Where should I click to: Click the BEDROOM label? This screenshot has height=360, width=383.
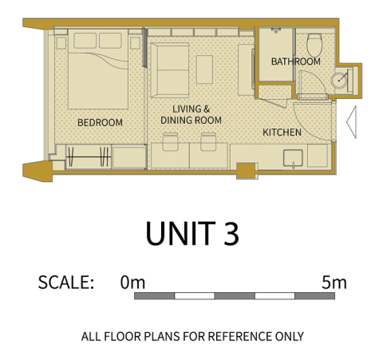[100, 123]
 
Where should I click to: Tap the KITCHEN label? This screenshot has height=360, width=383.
[282, 133]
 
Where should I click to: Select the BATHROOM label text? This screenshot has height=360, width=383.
[296, 61]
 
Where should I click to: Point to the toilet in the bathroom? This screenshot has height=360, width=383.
[314, 45]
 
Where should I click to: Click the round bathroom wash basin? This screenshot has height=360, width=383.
[339, 80]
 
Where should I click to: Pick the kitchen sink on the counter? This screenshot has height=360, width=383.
[293, 158]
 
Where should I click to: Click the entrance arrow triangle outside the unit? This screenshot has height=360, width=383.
[351, 122]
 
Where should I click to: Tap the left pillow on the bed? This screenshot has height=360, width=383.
[85, 41]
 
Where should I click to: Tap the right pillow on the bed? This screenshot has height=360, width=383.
[110, 41]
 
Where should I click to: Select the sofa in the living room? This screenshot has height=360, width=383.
[170, 70]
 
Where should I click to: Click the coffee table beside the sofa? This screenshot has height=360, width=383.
[204, 69]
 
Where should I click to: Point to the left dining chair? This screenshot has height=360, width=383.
[171, 142]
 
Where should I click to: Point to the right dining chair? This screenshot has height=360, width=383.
[208, 142]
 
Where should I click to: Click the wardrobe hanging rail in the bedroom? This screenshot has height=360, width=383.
[89, 157]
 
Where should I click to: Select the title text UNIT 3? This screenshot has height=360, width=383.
[192, 233]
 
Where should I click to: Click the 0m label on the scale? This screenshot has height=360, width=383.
[132, 283]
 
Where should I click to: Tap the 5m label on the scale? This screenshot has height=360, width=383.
[334, 283]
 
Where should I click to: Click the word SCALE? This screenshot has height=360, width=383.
[66, 283]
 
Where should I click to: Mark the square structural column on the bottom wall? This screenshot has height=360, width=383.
[246, 171]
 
